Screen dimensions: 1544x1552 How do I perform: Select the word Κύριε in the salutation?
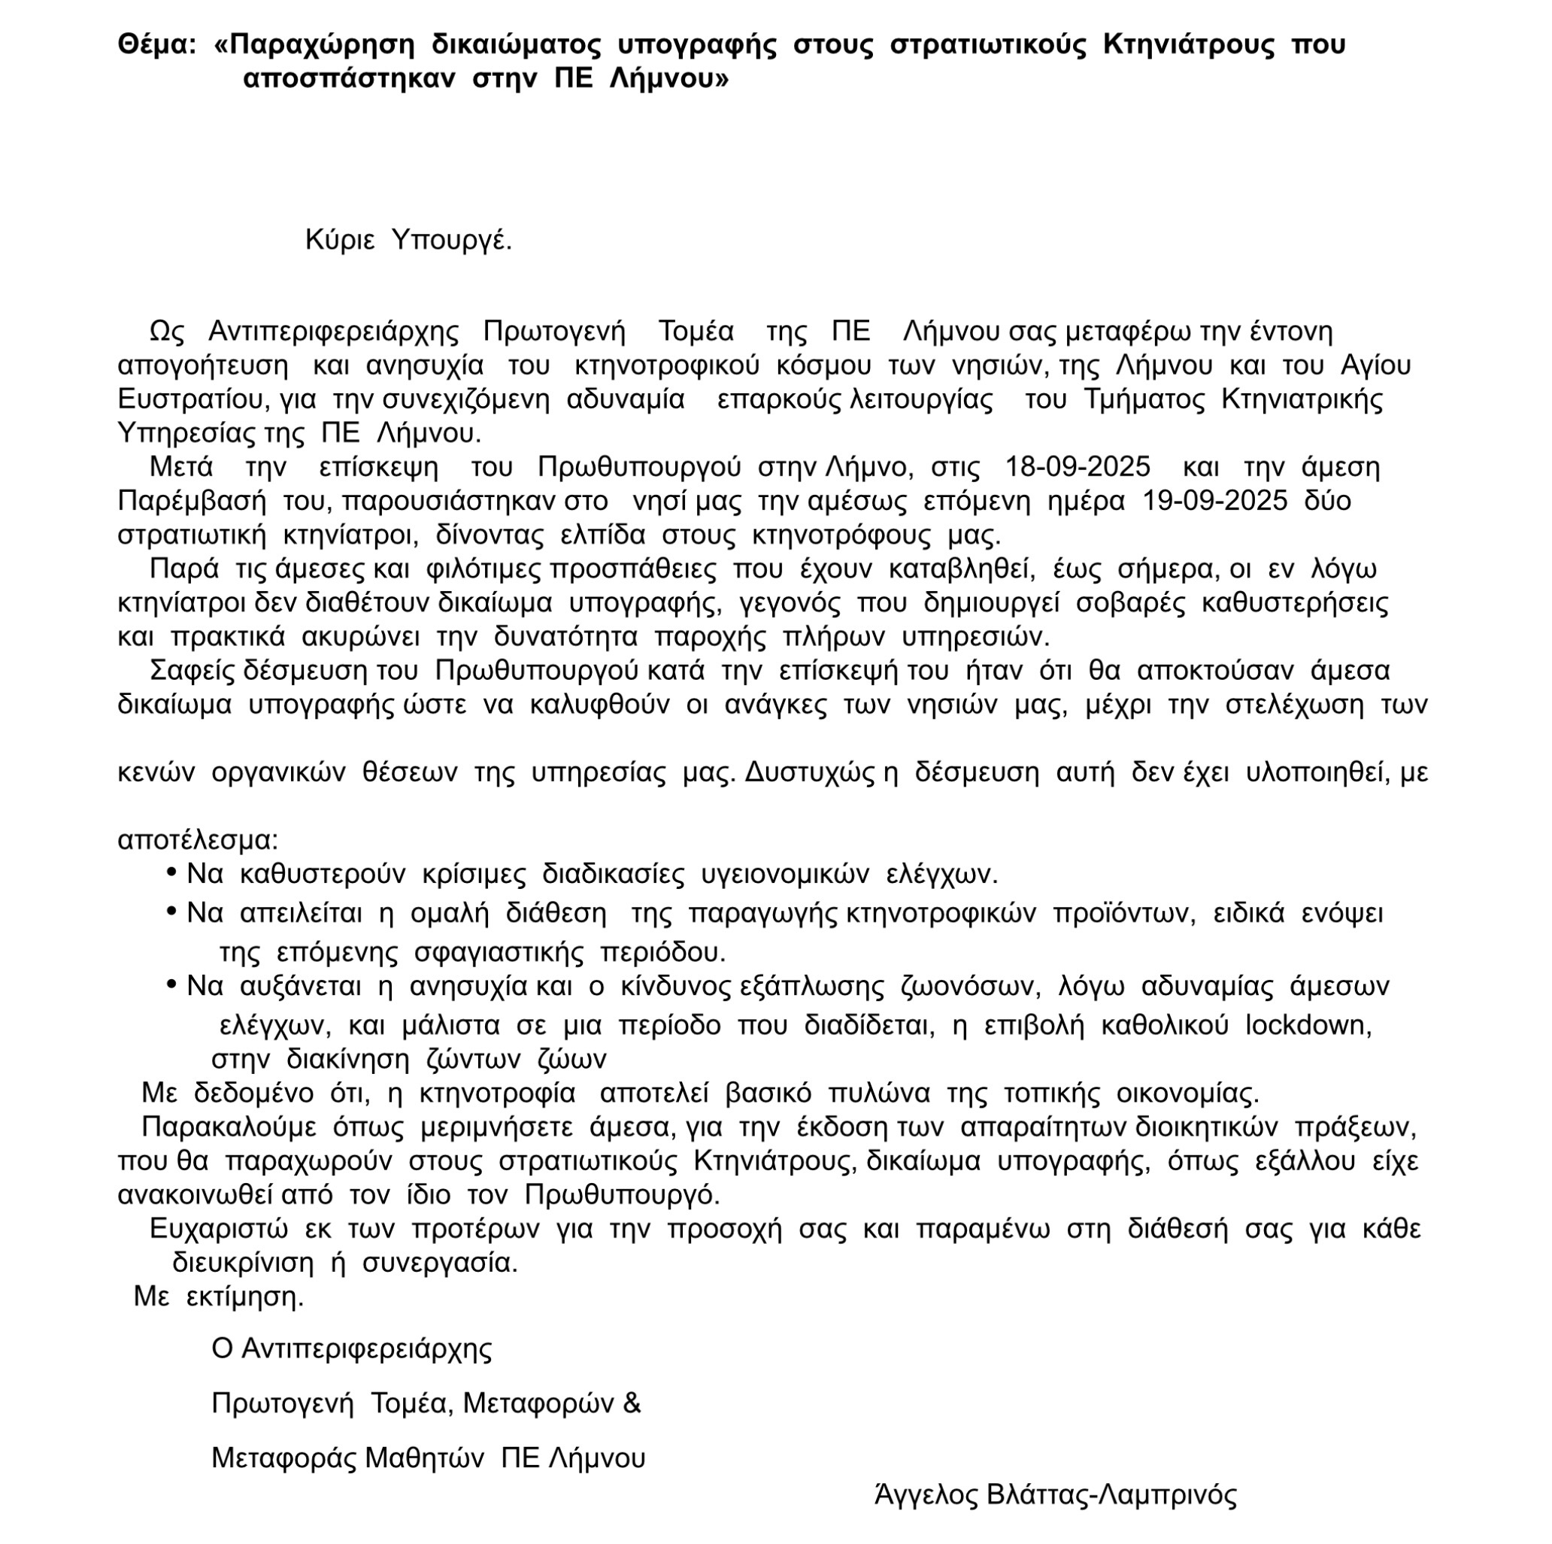340,239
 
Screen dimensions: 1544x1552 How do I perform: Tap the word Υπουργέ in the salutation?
450,239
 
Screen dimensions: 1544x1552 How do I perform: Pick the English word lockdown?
1307,1025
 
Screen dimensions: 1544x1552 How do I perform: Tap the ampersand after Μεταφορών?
632,1403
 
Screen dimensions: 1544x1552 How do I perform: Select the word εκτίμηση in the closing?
244,1297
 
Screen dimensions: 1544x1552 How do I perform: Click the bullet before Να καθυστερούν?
171,872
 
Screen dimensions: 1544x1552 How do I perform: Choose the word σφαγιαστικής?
498,953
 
